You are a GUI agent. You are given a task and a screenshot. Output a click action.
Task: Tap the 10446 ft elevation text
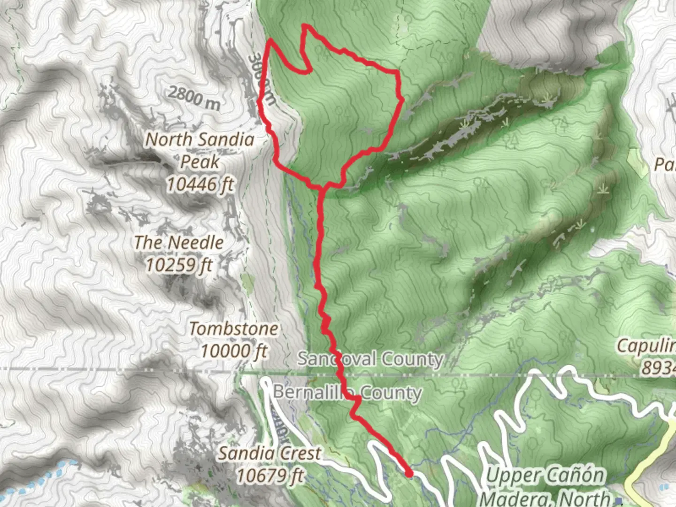(x=200, y=184)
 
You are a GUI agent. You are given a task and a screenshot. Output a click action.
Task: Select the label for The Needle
(x=179, y=243)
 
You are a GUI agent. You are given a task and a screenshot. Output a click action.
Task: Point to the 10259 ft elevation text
(x=179, y=265)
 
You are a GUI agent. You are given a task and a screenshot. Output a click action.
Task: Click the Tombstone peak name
(x=233, y=329)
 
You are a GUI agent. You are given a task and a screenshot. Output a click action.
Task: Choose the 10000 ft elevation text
(x=233, y=351)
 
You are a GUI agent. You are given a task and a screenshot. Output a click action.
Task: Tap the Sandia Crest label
(x=269, y=453)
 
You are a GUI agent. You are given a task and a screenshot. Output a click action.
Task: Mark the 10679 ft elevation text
(x=269, y=476)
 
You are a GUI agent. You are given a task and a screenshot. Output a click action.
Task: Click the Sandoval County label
(x=370, y=359)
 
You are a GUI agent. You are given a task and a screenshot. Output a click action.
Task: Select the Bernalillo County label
(x=347, y=392)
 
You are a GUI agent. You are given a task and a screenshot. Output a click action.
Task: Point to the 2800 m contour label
(x=193, y=98)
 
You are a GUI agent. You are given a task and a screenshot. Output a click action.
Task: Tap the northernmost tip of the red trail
(x=306, y=25)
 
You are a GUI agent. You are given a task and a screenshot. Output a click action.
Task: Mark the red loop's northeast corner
(x=398, y=72)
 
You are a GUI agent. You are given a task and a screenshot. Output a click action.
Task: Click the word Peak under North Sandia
(x=200, y=162)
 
